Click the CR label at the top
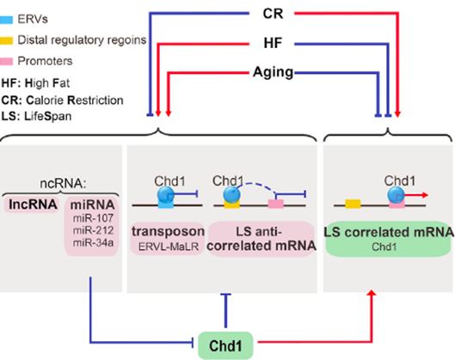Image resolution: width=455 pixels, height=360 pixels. click(273, 14)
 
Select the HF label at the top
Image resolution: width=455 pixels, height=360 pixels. click(273, 43)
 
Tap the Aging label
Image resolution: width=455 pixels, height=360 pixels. click(273, 72)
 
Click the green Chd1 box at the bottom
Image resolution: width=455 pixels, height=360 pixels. click(225, 345)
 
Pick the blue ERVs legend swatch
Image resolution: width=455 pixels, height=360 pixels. click(6, 20)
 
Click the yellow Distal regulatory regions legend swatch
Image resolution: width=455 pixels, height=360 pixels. click(6, 40)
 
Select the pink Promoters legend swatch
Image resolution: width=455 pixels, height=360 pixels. click(6, 61)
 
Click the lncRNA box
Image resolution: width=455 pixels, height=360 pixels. click(33, 204)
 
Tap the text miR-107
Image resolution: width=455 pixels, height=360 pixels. click(93, 218)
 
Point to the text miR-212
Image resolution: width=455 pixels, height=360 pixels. click(93, 230)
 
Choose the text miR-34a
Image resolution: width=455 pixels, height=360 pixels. click(93, 243)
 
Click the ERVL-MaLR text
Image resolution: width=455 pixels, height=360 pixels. click(169, 247)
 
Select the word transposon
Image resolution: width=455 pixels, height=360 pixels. click(168, 232)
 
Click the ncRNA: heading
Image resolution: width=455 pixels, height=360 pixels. click(63, 184)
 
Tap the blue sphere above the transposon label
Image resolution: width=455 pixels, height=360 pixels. click(166, 194)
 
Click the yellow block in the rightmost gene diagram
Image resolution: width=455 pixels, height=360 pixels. click(353, 204)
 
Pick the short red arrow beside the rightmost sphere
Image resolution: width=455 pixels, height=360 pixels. click(416, 195)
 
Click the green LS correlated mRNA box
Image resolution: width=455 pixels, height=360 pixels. click(389, 240)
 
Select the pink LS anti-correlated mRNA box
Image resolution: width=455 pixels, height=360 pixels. click(261, 239)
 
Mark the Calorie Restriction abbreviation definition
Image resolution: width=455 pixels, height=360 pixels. click(63, 101)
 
